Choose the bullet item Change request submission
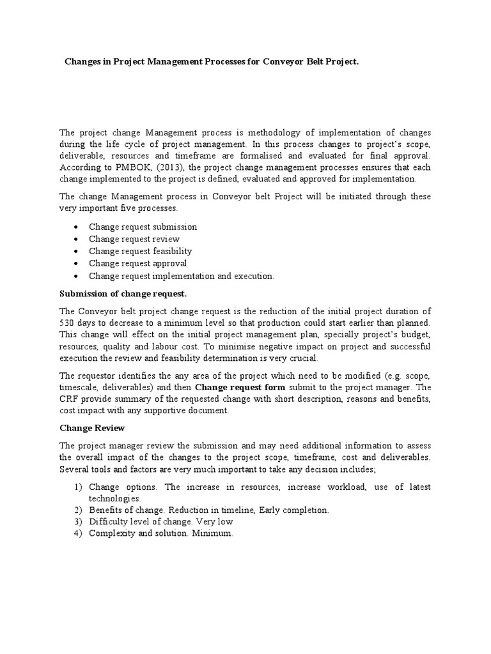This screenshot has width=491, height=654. [x=143, y=227]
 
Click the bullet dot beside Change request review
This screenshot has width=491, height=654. [x=76, y=240]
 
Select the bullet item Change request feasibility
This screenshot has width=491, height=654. [x=140, y=251]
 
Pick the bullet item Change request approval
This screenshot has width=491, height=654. [x=137, y=263]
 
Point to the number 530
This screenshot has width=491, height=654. [x=68, y=323]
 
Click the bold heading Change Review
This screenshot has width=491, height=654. [x=92, y=428]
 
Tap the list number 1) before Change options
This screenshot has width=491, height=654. [x=78, y=487]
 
